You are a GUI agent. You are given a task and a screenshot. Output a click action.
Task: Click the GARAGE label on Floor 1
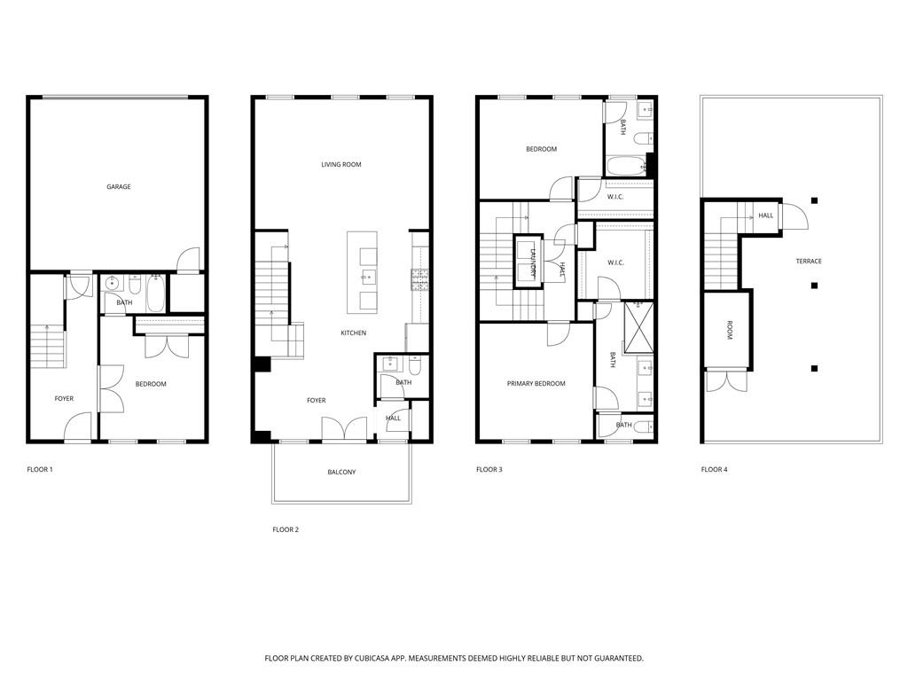point(119,187)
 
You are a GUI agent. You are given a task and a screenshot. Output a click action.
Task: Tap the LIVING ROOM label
point(341,164)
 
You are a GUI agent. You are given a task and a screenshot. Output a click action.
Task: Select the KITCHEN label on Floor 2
point(354,333)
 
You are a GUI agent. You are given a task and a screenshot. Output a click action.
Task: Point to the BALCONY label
point(341,472)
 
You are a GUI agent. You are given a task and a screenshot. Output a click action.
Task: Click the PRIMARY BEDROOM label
point(536,384)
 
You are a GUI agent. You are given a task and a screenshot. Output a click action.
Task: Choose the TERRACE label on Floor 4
point(808,262)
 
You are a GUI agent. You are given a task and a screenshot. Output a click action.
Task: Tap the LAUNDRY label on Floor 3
point(534,262)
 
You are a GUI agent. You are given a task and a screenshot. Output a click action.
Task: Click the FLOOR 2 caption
point(286,529)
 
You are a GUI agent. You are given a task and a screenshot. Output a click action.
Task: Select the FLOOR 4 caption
point(714,469)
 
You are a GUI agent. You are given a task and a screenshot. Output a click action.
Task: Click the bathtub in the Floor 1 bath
point(155,294)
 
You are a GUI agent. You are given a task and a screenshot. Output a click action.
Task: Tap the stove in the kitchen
point(419,280)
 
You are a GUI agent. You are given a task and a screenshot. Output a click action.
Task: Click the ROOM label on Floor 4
point(729,330)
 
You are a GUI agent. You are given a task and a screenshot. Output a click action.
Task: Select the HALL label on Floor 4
point(765,215)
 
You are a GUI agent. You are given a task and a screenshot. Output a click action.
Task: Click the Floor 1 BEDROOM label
point(151,384)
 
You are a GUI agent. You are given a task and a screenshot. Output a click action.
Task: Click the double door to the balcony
point(343,428)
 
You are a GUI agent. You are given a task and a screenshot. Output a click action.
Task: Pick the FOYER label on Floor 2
point(316,401)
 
